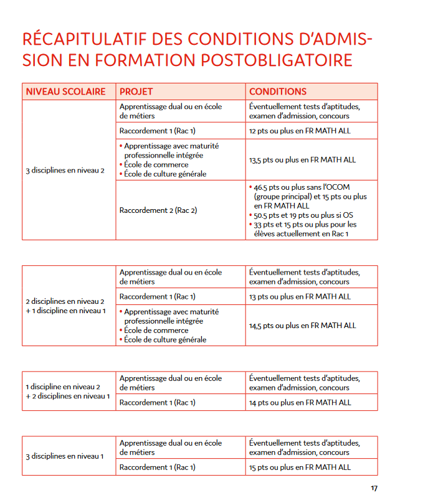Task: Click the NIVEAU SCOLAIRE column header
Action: coord(65,92)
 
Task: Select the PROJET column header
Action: coord(136,92)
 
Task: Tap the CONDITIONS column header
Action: coord(278,92)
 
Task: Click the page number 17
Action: coord(374,488)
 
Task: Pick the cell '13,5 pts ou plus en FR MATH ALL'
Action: coord(302,160)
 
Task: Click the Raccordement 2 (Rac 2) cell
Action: coord(158,210)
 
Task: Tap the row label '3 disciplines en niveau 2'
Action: coord(65,171)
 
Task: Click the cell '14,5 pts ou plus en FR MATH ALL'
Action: coord(302,326)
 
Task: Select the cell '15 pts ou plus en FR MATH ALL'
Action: coord(300,467)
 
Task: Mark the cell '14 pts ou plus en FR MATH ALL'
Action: coord(300,403)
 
